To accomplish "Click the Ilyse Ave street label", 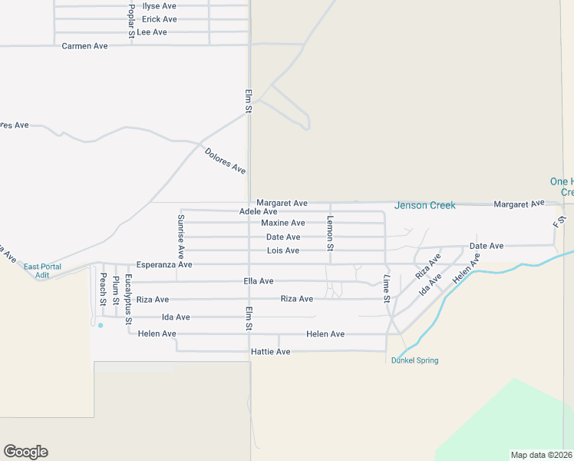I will (160, 6).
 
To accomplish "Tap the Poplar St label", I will (132, 19).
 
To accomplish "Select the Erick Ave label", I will (160, 19).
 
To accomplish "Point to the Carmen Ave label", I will (84, 46).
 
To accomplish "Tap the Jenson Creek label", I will (424, 205).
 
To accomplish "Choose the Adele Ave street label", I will (258, 211).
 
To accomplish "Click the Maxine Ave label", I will (282, 223).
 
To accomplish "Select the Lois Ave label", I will (282, 251).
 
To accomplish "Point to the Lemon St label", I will (331, 233).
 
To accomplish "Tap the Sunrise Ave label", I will (181, 235).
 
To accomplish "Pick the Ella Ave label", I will (258, 281).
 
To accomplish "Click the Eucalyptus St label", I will (129, 297).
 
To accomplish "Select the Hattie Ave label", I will (270, 352).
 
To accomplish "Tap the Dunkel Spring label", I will (414, 360).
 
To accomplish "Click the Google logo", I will (25, 452).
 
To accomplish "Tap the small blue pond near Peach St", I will (100, 325).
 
